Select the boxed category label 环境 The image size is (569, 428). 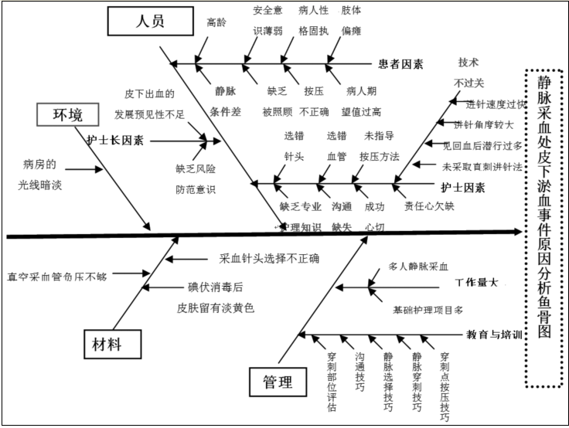[x=68, y=115]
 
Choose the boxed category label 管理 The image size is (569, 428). [x=277, y=380]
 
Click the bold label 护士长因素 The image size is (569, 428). [x=116, y=141]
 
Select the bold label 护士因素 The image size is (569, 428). [x=463, y=187]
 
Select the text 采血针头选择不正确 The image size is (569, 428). [x=269, y=259]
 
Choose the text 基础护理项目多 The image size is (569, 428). [x=427, y=310]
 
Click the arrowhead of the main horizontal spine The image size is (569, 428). [x=520, y=229]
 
